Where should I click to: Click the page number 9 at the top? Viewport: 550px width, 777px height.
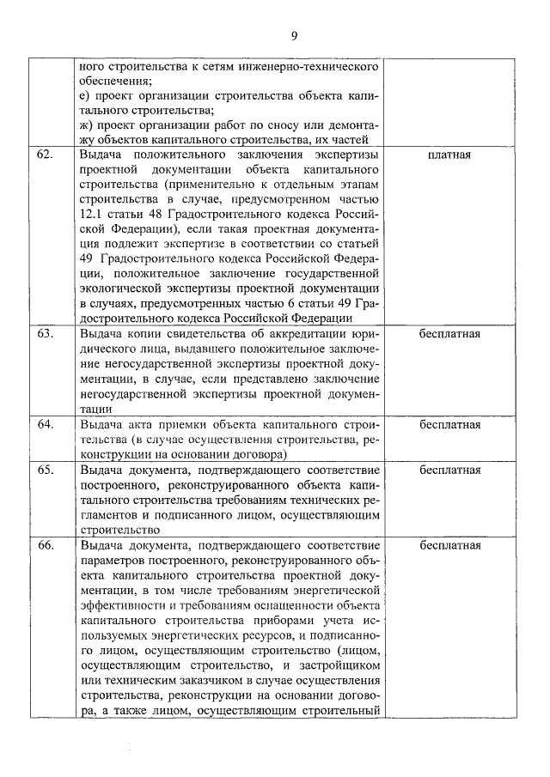click(x=294, y=35)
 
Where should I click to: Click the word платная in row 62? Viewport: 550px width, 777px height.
click(x=448, y=155)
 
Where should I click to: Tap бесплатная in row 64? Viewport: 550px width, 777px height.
click(x=448, y=425)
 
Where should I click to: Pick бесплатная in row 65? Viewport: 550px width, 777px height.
click(x=448, y=470)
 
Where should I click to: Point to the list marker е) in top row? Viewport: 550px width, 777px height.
click(x=84, y=94)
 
